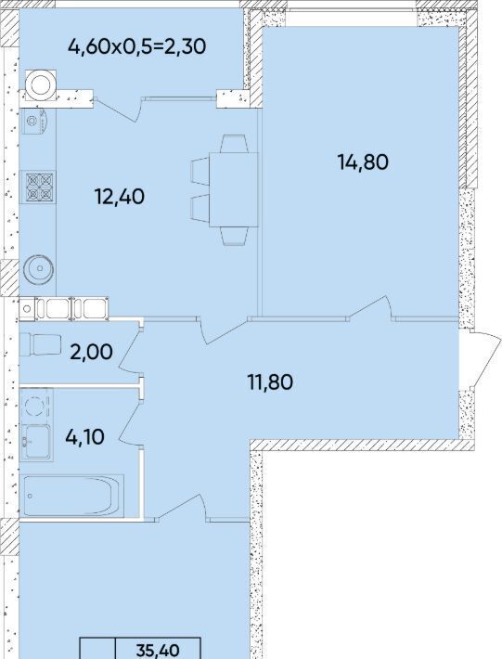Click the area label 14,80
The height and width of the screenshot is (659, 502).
coord(363,162)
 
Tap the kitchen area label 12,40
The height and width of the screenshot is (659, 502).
coord(120,197)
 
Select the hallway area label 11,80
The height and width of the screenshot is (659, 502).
coord(270,382)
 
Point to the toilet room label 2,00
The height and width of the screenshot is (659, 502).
coord(91,352)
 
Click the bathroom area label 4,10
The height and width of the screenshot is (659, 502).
coord(84,437)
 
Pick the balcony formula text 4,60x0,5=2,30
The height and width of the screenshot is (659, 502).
coord(137,46)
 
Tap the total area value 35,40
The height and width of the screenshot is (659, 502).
coord(158,650)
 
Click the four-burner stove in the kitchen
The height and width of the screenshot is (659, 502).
coord(38,187)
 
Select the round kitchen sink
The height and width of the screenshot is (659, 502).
coord(39,268)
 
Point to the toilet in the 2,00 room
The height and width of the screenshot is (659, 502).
coord(40,344)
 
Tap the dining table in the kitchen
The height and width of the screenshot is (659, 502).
coord(234,189)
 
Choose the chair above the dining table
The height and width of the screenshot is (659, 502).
coord(234,144)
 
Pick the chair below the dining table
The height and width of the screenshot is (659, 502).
coord(234,236)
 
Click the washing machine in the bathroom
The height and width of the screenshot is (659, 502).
coord(36,406)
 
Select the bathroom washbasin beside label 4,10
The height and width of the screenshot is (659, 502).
coord(36,442)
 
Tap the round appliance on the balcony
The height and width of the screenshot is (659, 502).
coord(40,85)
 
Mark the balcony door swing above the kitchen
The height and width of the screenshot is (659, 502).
coord(119,109)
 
